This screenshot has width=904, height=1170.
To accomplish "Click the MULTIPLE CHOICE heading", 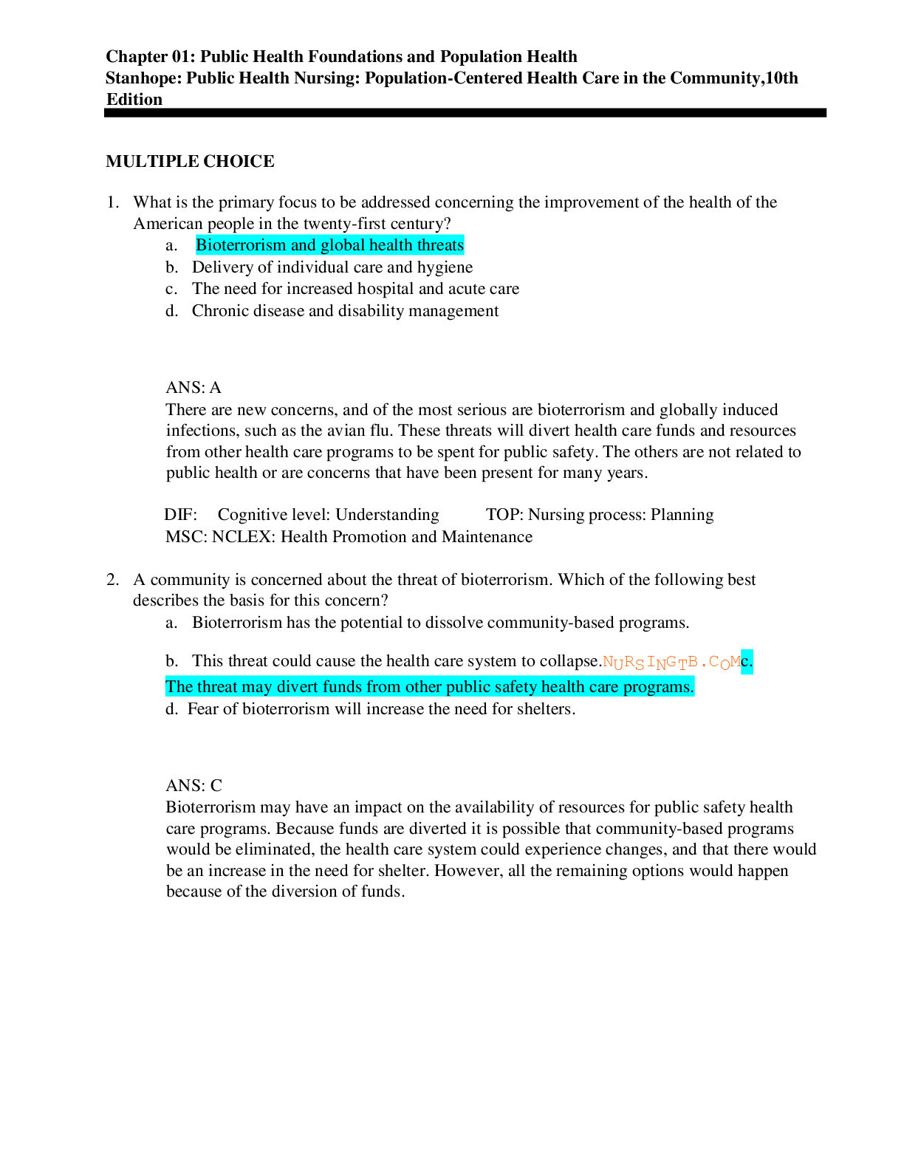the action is pyautogui.click(x=190, y=161).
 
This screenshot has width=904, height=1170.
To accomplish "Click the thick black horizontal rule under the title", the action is pyautogui.click(x=465, y=113).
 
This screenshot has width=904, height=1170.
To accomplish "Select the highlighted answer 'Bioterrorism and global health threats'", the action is pyautogui.click(x=329, y=245).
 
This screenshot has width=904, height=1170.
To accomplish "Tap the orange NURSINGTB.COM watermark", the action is pyautogui.click(x=671, y=663).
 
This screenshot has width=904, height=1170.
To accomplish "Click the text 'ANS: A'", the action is pyautogui.click(x=194, y=387).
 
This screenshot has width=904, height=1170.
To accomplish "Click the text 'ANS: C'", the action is pyautogui.click(x=194, y=785).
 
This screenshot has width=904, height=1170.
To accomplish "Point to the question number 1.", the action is pyautogui.click(x=112, y=202).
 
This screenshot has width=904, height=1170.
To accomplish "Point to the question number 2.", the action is pyautogui.click(x=112, y=579).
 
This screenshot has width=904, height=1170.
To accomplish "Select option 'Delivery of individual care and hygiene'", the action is pyautogui.click(x=332, y=267).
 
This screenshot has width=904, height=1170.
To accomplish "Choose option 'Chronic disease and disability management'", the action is pyautogui.click(x=345, y=311).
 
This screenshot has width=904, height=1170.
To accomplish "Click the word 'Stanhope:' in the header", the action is pyautogui.click(x=143, y=78).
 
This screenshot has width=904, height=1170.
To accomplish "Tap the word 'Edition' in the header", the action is pyautogui.click(x=134, y=99).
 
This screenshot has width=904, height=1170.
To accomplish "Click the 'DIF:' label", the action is pyautogui.click(x=181, y=515).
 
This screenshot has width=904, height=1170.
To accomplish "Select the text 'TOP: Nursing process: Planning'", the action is pyautogui.click(x=600, y=515).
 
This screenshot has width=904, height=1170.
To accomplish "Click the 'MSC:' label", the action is pyautogui.click(x=186, y=537).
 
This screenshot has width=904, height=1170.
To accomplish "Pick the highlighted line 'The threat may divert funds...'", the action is pyautogui.click(x=430, y=686).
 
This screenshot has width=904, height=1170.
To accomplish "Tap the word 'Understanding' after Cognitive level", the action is pyautogui.click(x=387, y=515).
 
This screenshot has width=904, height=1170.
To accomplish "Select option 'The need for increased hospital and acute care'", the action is pyautogui.click(x=355, y=289).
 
